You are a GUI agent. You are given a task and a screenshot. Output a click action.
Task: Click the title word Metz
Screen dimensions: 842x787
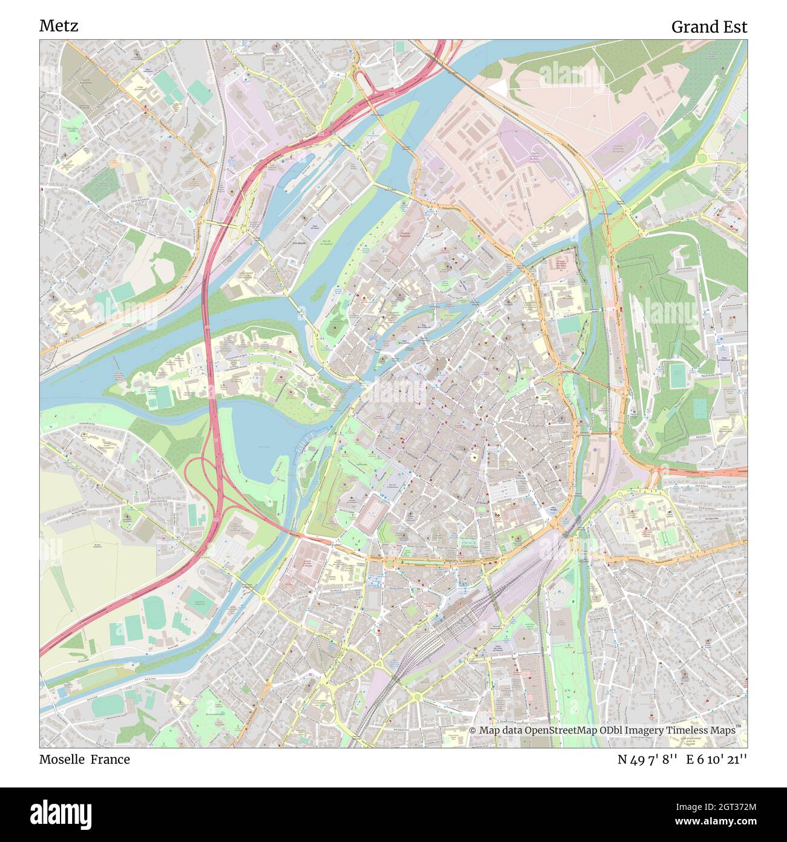59,26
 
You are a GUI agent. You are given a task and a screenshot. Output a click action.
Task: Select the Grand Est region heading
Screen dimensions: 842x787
709,27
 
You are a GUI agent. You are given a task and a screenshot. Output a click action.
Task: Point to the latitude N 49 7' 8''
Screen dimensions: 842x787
646,759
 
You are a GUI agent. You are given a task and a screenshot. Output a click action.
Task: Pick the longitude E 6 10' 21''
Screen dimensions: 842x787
717,759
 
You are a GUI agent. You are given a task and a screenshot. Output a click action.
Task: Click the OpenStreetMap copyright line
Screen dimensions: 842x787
603,731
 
